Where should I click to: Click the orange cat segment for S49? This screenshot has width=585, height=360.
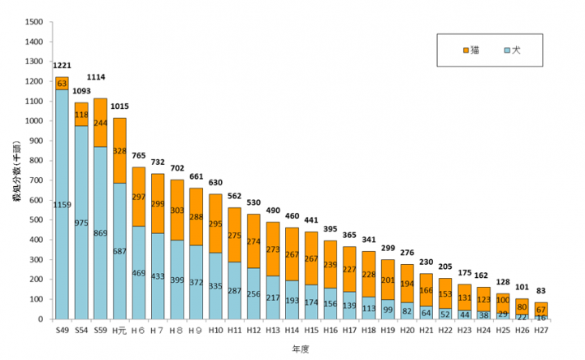click(62, 83)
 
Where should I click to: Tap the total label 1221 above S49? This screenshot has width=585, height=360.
click(62, 65)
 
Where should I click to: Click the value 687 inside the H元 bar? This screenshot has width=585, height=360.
click(119, 252)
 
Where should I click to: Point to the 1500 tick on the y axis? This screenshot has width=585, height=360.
click(33, 22)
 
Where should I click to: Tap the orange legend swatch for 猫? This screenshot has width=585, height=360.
click(465, 50)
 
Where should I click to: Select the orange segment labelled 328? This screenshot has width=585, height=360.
click(119, 150)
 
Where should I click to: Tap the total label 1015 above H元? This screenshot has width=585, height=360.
click(119, 106)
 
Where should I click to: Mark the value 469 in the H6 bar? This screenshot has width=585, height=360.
click(139, 272)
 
